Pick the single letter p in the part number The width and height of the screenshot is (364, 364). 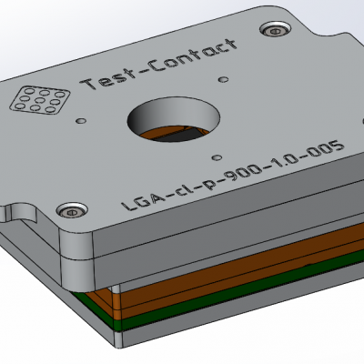click(x=208, y=178)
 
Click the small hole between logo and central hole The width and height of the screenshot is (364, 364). click(x=83, y=118)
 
